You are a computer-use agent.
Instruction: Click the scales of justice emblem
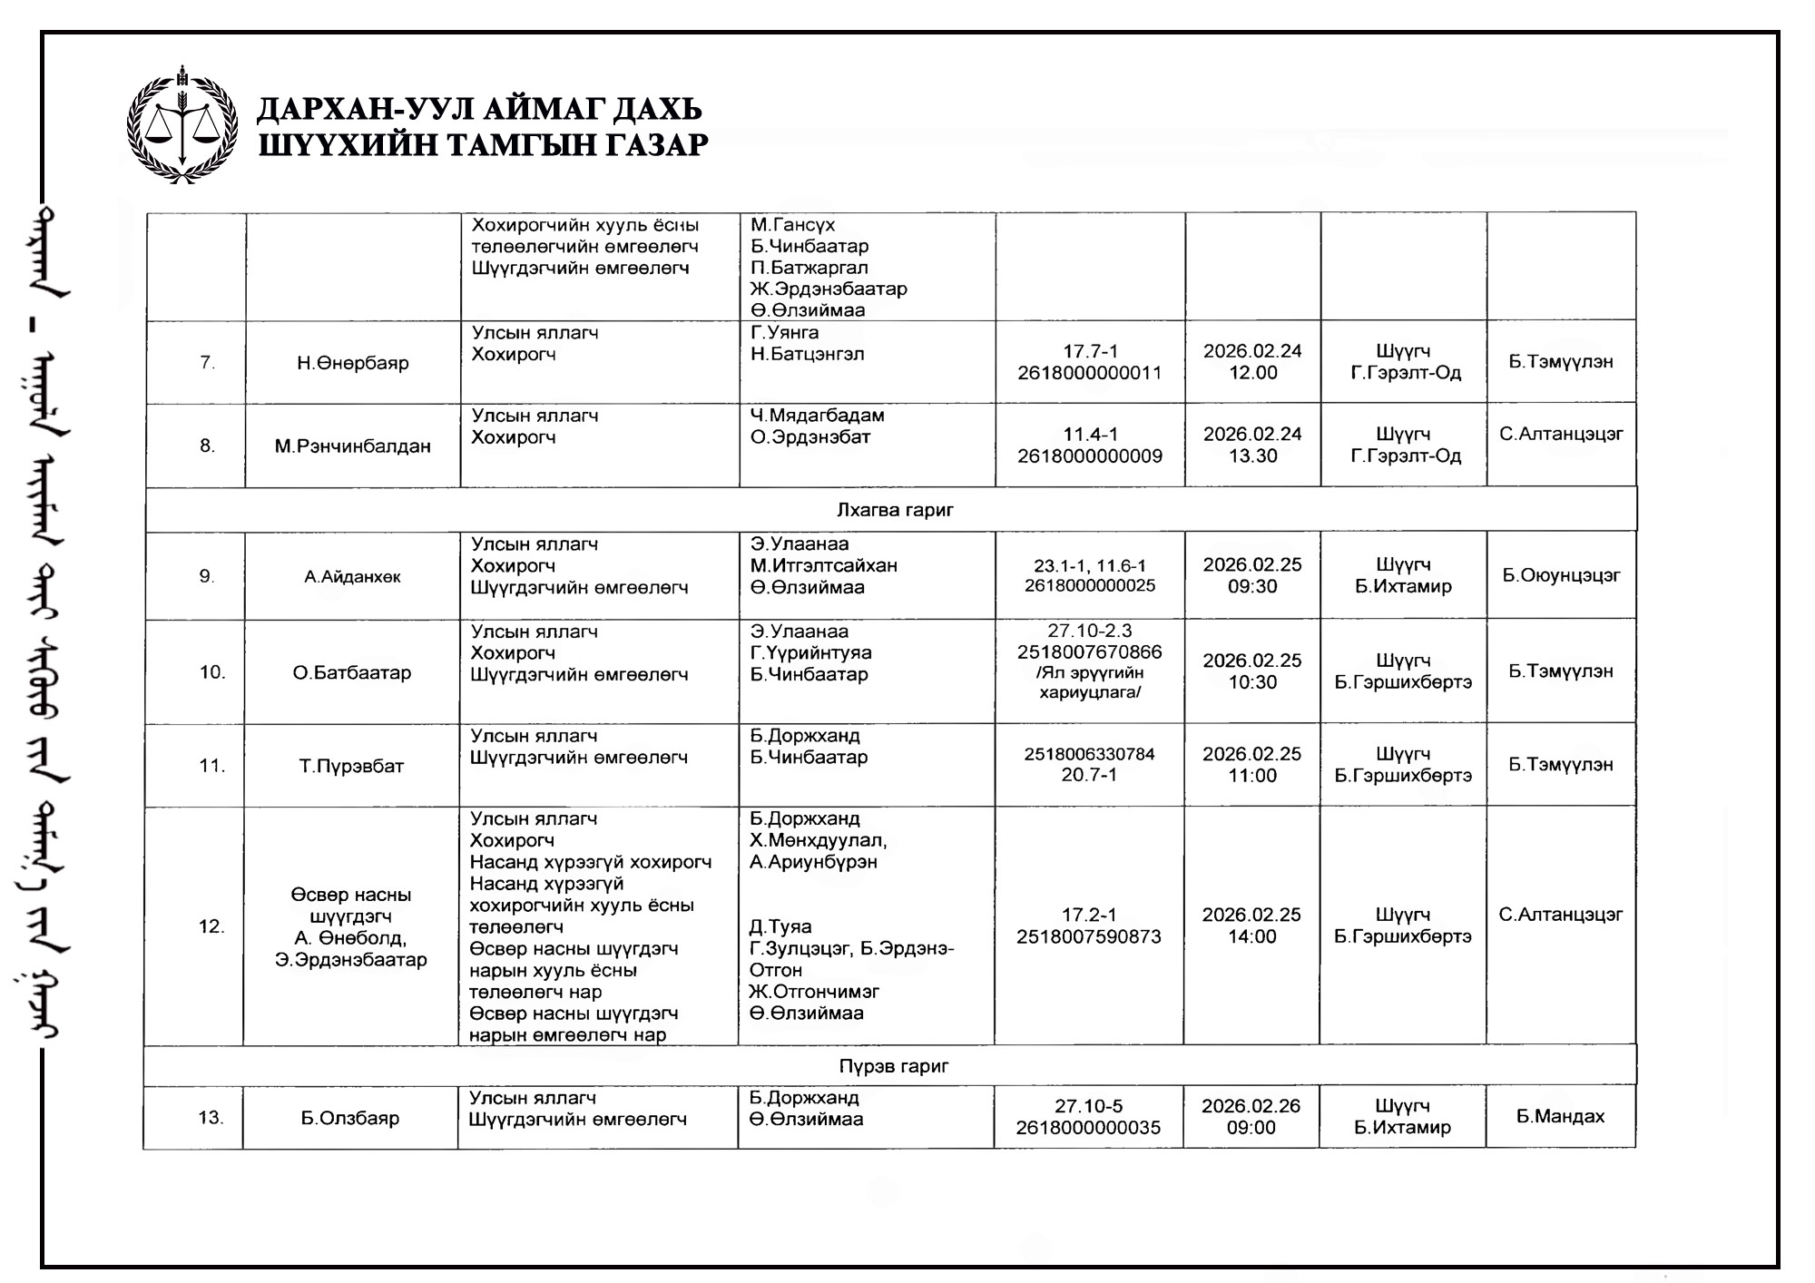[182, 126]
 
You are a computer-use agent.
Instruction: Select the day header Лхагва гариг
[894, 510]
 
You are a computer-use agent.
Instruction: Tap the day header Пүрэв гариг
[893, 1066]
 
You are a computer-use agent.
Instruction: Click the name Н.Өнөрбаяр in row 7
[353, 363]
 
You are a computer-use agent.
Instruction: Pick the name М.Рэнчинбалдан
[353, 446]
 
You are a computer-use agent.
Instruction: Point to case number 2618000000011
[1089, 373]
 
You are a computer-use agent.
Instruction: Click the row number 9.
[207, 576]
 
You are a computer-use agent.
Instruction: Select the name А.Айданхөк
[352, 577]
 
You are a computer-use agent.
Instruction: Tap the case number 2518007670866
[1089, 652]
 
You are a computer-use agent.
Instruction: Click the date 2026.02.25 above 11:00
[1252, 754]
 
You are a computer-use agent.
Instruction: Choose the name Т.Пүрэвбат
[351, 766]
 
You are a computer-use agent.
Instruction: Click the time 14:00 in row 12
[1252, 936]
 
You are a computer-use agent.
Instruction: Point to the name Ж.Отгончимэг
[814, 992]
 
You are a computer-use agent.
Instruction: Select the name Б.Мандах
[1560, 1117]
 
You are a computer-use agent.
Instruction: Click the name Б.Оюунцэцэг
[1561, 575]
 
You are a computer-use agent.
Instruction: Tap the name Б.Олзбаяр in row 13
[350, 1118]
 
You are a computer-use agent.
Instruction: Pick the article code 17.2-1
[1089, 915]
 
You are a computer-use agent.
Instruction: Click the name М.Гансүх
[792, 225]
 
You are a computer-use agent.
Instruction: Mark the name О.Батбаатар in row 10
[351, 672]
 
